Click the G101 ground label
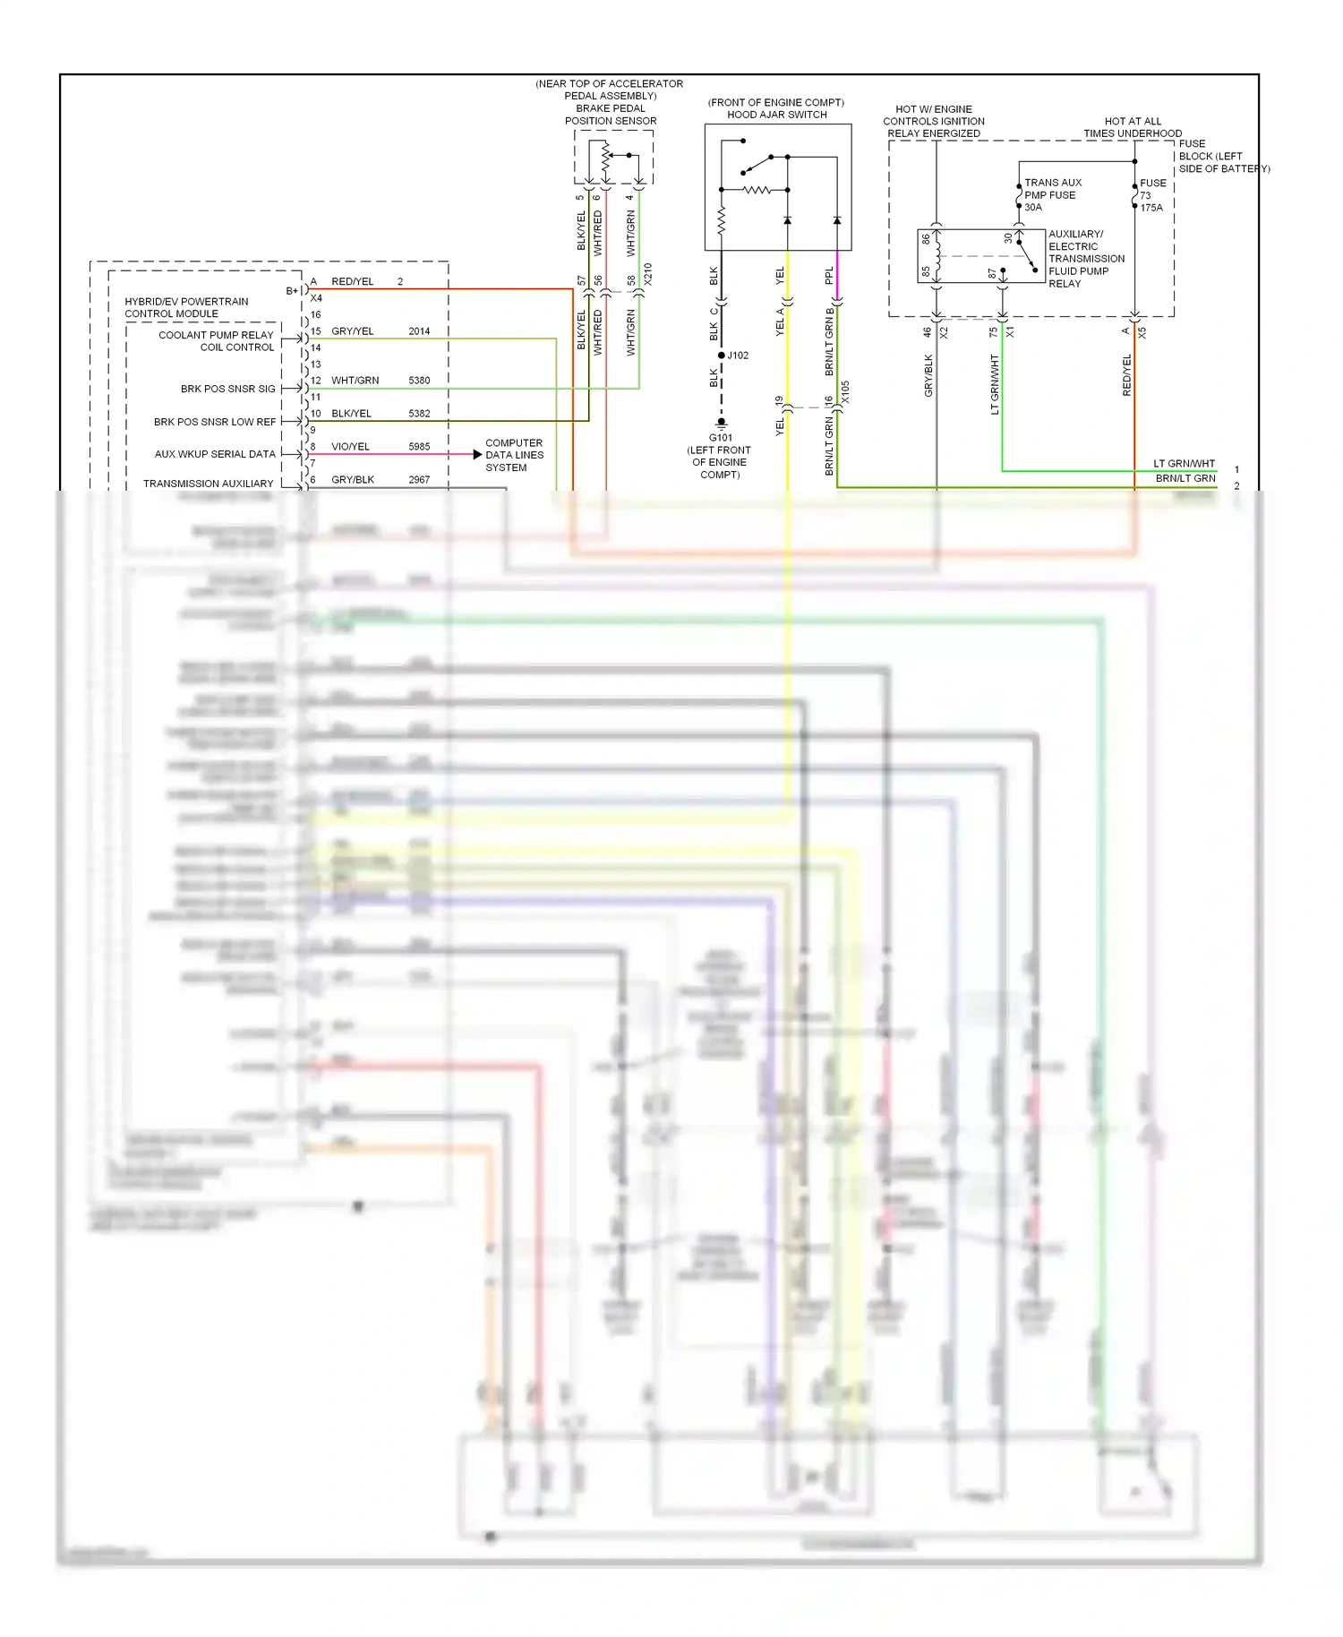pos(720,438)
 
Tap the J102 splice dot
pos(722,356)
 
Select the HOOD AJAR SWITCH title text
pos(776,115)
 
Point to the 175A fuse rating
pos(1151,208)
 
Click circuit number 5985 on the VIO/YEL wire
pos(419,446)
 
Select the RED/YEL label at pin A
pos(352,281)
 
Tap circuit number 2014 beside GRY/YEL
pos(419,331)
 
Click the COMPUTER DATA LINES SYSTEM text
pos(514,455)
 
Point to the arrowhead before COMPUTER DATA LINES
pos(477,455)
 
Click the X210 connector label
pos(648,274)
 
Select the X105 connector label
pos(845,392)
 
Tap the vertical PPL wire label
pos(829,275)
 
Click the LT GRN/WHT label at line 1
pos(1184,464)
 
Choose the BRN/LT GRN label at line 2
pos(1185,478)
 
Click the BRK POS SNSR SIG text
pos(227,389)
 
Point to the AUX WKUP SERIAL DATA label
pos(215,454)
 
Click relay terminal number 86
pos(927,239)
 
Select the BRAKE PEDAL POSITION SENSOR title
pos(611,115)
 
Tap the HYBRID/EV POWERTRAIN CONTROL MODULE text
pos(186,307)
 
